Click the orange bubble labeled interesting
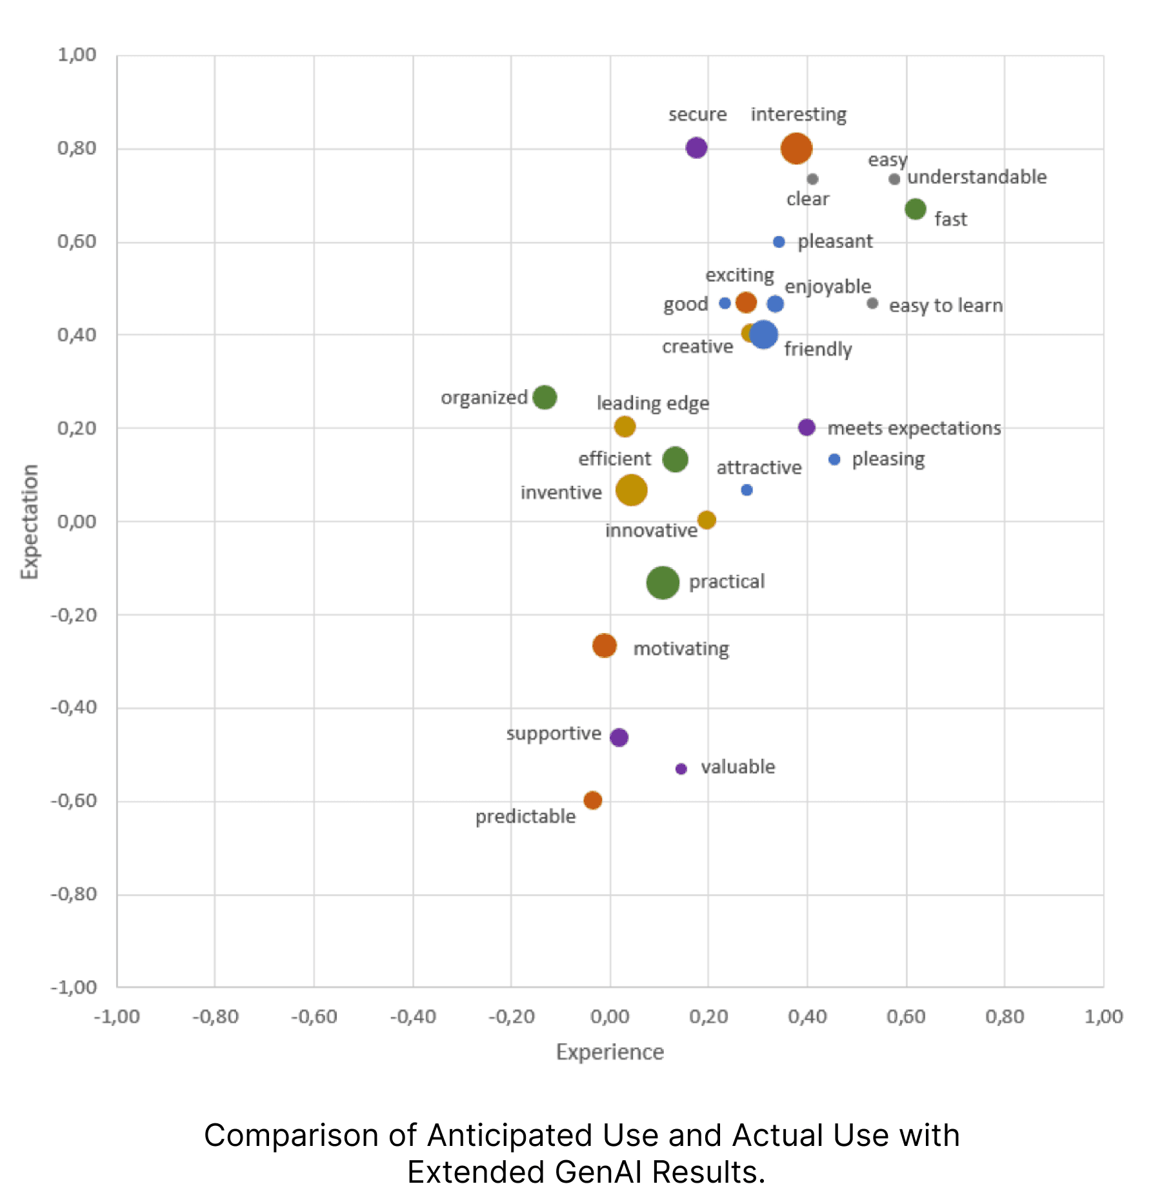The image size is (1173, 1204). [x=796, y=148]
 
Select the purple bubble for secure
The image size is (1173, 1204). [x=696, y=148]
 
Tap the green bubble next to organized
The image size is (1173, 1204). [x=544, y=397]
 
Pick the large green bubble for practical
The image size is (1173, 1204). [x=662, y=583]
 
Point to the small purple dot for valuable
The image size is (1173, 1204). [x=681, y=768]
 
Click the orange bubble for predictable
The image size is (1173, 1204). [x=592, y=800]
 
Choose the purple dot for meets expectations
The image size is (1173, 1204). [x=806, y=427]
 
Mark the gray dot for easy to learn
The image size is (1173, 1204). [x=872, y=303]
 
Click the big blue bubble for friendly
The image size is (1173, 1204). [x=763, y=334]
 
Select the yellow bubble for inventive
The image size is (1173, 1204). [x=631, y=490]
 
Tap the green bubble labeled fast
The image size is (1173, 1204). [x=915, y=209]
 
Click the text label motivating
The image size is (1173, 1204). [x=681, y=648]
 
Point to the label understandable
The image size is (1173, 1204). [x=976, y=177]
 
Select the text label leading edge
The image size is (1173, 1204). [x=652, y=403]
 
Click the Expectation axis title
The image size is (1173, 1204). [x=30, y=521]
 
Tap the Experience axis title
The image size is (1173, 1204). [x=610, y=1052]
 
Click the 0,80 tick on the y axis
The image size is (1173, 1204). [x=77, y=148]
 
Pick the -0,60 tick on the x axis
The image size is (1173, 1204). [x=314, y=1017]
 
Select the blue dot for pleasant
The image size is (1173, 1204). [x=779, y=242]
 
